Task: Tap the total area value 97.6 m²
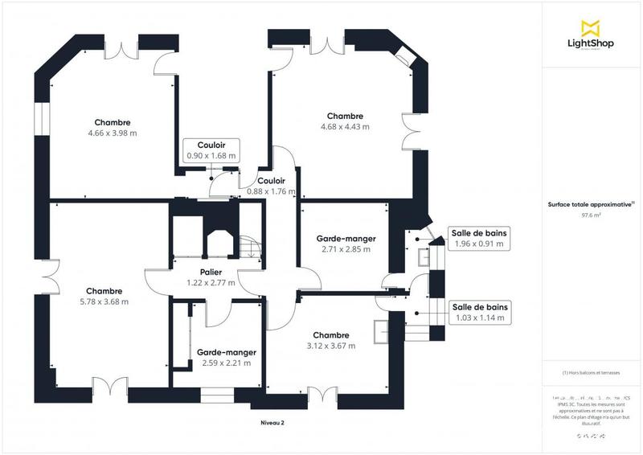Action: pos(591,215)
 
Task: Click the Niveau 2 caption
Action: pos(272,423)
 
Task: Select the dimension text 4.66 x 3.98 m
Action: pos(113,133)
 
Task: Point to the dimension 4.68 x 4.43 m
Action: pos(345,127)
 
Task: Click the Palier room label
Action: pos(207,273)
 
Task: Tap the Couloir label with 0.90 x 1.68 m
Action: pos(211,145)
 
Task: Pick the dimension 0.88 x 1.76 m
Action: pos(271,191)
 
